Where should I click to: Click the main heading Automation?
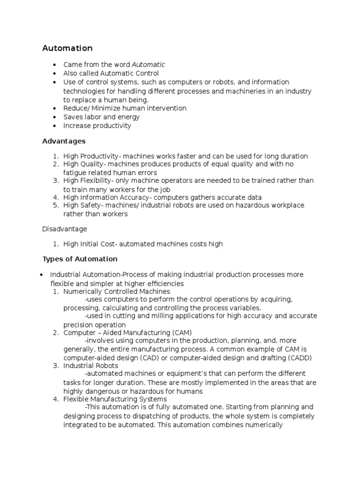(67, 48)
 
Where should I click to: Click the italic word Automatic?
(148, 64)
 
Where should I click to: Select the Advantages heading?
(64, 141)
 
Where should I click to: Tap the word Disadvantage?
(65, 229)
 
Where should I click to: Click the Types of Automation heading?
(80, 259)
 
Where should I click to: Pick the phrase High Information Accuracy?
(106, 197)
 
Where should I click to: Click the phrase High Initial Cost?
(89, 244)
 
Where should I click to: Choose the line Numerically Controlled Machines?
(117, 291)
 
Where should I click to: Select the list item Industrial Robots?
(91, 365)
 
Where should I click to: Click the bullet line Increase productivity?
(97, 126)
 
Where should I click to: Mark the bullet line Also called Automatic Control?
(111, 73)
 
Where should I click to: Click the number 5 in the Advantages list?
(54, 206)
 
